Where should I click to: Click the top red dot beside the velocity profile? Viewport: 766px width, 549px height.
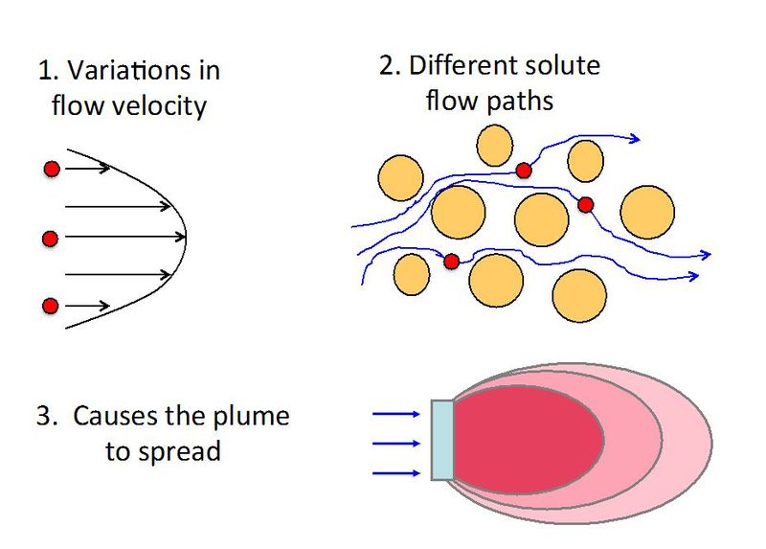coord(52,169)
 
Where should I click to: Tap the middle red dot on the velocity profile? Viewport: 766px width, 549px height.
coord(52,237)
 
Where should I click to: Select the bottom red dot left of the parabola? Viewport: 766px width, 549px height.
coord(52,306)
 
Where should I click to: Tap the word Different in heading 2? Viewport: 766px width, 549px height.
coord(468,66)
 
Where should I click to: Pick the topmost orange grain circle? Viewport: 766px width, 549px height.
coord(495,145)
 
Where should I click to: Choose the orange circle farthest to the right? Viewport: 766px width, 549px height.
coord(647,211)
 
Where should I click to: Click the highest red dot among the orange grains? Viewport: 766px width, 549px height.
coord(524,171)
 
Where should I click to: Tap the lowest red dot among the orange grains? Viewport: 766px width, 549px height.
coord(451,261)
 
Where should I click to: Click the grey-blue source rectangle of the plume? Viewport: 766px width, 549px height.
coord(441,440)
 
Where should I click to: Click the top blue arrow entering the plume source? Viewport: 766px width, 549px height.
coord(394,414)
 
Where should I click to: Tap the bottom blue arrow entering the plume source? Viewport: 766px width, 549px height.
coord(394,473)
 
